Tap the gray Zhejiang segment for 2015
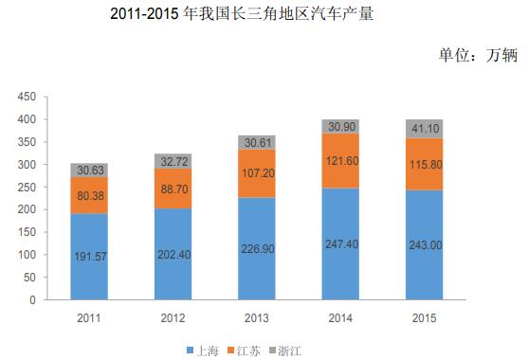point(424,128)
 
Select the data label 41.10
point(424,128)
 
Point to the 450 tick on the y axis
point(27,97)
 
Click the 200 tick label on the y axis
point(27,209)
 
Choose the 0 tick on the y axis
point(32,300)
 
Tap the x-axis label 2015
point(424,318)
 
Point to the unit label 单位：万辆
point(479,56)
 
